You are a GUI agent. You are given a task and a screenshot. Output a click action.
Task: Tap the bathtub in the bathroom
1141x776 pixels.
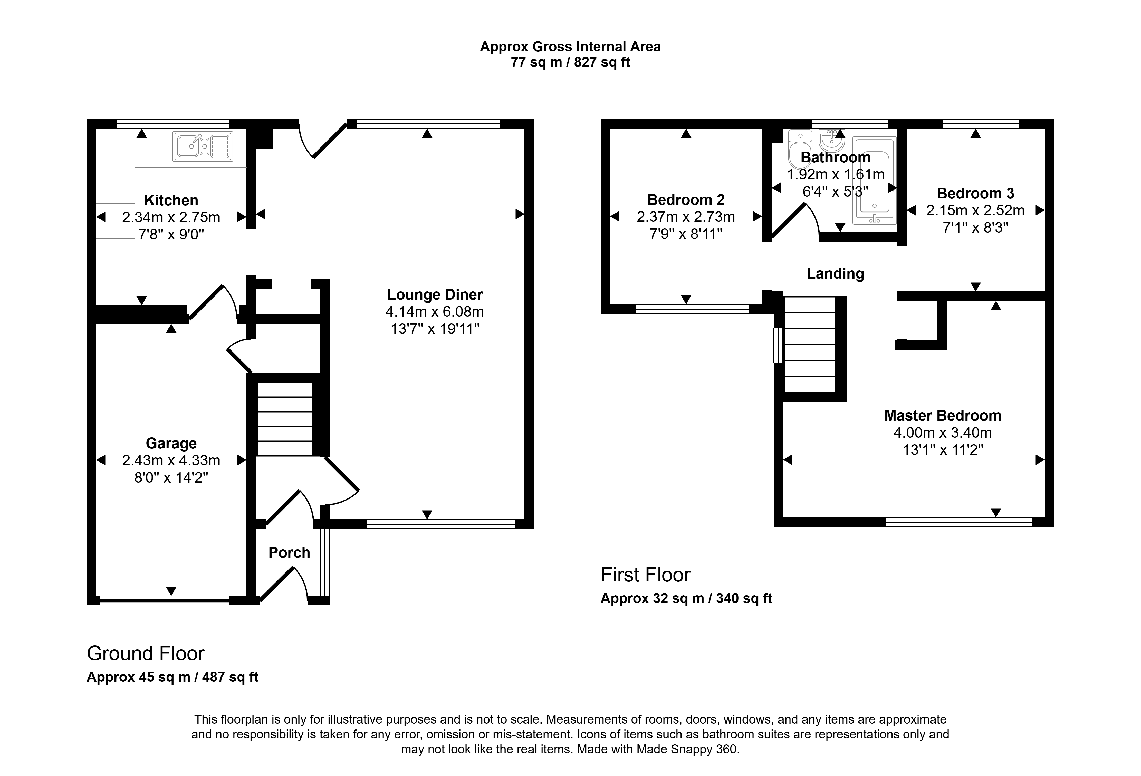(874, 180)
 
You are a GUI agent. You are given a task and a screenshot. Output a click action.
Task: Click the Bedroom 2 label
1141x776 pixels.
(686, 200)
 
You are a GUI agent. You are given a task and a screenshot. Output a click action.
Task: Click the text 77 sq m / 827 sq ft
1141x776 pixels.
(570, 62)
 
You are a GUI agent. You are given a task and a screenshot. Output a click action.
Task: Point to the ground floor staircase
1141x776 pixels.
(285, 419)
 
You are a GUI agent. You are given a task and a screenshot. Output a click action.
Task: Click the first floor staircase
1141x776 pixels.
(810, 344)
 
